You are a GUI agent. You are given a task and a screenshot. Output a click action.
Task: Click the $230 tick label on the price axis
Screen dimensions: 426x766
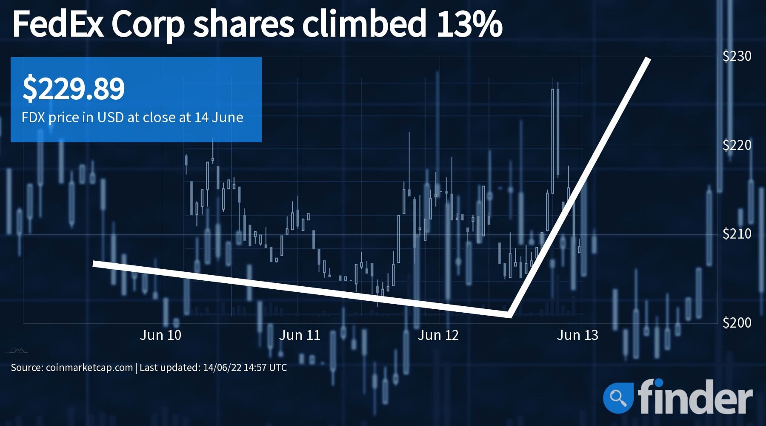pos(737,56)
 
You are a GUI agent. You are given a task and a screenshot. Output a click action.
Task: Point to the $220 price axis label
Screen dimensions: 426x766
pos(737,145)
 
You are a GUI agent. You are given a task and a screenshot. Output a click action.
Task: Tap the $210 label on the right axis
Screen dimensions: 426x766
pos(737,234)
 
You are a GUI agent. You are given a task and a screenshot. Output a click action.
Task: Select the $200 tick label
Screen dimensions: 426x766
pos(737,322)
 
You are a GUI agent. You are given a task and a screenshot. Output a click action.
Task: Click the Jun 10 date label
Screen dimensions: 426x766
pos(160,335)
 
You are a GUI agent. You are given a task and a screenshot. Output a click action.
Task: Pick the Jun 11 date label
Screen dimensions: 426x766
pos(300,335)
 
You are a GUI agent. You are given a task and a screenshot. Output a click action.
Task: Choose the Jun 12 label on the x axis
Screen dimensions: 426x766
pos(438,335)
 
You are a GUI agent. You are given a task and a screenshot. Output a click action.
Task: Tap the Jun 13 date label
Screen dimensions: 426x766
pos(577,335)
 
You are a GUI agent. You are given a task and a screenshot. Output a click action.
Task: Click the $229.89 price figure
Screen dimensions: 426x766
pos(73,89)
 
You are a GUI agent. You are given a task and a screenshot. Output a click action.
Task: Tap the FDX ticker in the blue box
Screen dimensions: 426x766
pos(33,118)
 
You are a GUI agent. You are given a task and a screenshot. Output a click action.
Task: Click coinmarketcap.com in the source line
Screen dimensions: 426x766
pos(89,368)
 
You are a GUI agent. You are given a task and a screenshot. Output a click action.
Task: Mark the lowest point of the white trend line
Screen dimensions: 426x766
pos(509,315)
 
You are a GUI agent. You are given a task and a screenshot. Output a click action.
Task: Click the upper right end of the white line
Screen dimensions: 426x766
pos(648,59)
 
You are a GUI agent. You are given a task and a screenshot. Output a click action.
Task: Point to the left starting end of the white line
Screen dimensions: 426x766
pos(94,264)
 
